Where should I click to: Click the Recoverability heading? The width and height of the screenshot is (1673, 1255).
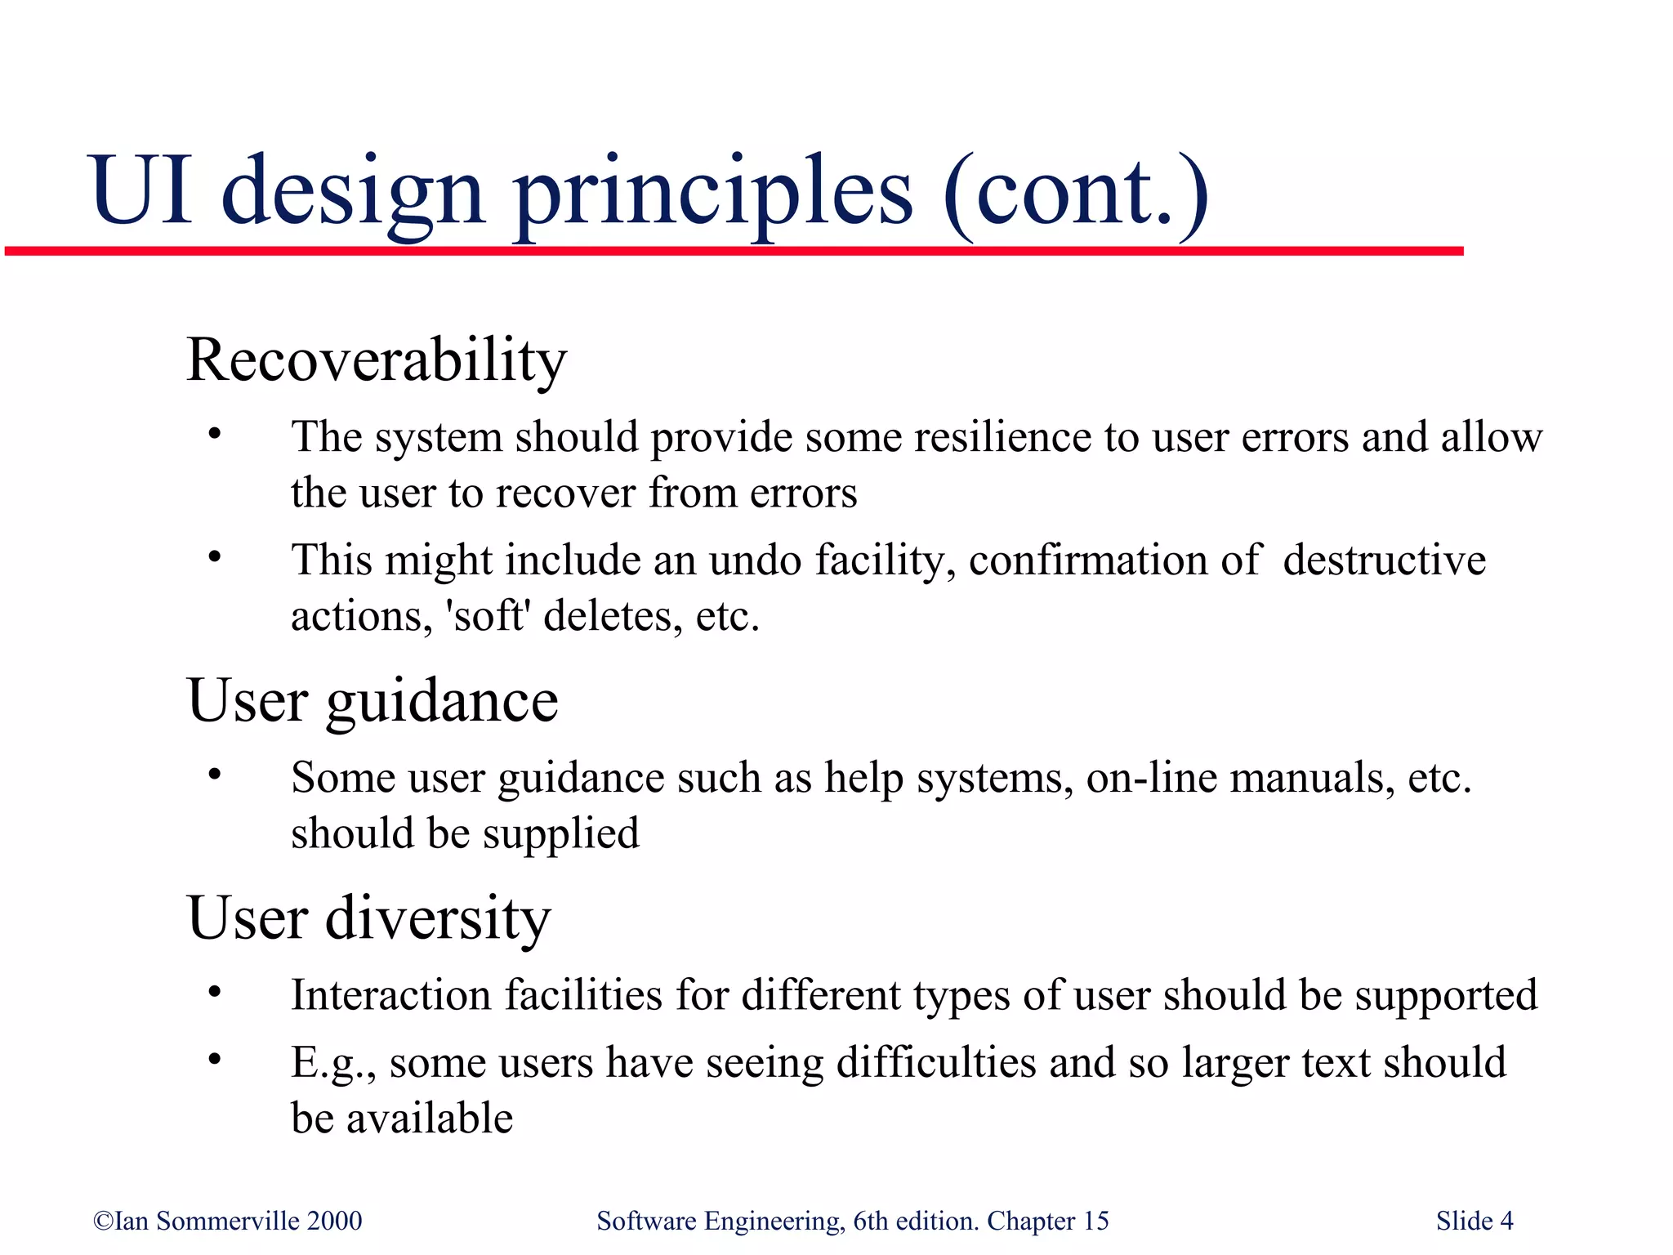click(x=376, y=360)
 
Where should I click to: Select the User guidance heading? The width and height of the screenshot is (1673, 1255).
click(x=373, y=702)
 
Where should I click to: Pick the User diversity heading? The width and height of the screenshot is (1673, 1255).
click(x=369, y=918)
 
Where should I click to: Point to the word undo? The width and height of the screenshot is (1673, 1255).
click(x=755, y=561)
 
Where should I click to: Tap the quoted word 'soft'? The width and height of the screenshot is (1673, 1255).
click(x=488, y=617)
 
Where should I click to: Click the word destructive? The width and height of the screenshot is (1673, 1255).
click(x=1384, y=561)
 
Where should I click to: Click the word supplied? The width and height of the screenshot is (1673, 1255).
click(x=560, y=834)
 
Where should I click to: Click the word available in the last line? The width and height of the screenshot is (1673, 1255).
click(x=430, y=1119)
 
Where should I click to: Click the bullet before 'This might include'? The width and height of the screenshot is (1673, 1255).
click(x=215, y=558)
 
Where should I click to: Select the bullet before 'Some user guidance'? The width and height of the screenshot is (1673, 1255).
click(x=215, y=775)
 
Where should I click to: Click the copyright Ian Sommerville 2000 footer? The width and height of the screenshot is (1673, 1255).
click(x=228, y=1222)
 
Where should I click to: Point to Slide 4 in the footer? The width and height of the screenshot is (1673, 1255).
click(x=1474, y=1222)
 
